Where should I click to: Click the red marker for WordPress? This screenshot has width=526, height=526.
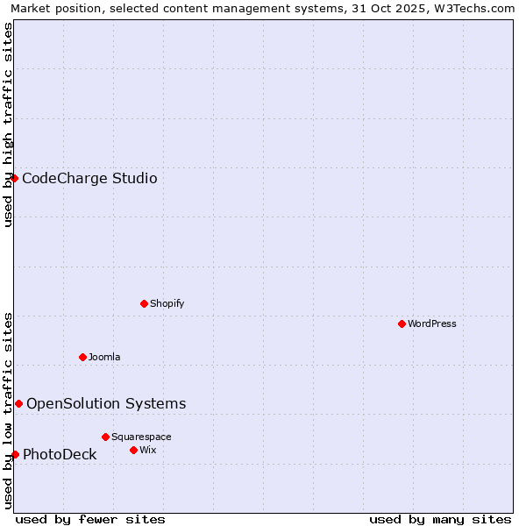(x=402, y=323)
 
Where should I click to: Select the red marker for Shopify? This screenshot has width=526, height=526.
(x=144, y=303)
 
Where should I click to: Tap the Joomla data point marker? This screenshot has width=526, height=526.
(x=82, y=357)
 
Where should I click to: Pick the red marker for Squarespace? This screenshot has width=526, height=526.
(x=105, y=437)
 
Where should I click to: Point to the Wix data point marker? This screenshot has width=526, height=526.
(x=133, y=450)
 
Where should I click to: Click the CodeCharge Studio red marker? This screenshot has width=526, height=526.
(x=14, y=178)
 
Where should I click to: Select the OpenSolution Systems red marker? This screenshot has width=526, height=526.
(x=18, y=403)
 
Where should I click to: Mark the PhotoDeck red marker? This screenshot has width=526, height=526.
(x=15, y=454)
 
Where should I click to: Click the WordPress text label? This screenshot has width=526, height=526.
(x=432, y=323)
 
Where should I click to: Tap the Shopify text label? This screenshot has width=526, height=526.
(x=167, y=303)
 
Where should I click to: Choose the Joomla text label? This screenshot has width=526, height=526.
(x=104, y=357)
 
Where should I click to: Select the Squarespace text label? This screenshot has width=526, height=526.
(x=141, y=437)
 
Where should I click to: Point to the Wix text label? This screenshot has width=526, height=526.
(x=147, y=450)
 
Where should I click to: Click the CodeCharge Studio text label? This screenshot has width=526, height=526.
(x=89, y=179)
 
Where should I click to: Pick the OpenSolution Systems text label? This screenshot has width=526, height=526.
(x=106, y=404)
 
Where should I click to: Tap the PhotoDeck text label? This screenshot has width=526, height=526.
(x=60, y=454)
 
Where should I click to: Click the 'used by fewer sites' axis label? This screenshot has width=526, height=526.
(x=90, y=519)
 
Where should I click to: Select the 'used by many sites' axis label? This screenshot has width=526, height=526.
(x=440, y=519)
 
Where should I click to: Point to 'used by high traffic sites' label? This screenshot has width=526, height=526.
(x=8, y=124)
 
